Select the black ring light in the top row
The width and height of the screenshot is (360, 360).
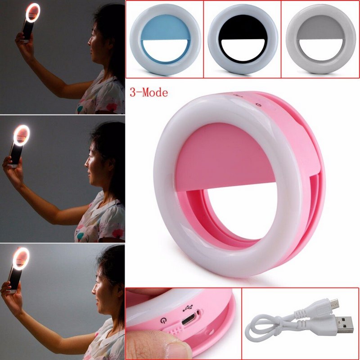[x=242, y=40]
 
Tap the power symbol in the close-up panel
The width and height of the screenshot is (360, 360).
[x=163, y=323]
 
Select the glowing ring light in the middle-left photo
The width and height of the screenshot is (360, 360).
[x=21, y=135]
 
